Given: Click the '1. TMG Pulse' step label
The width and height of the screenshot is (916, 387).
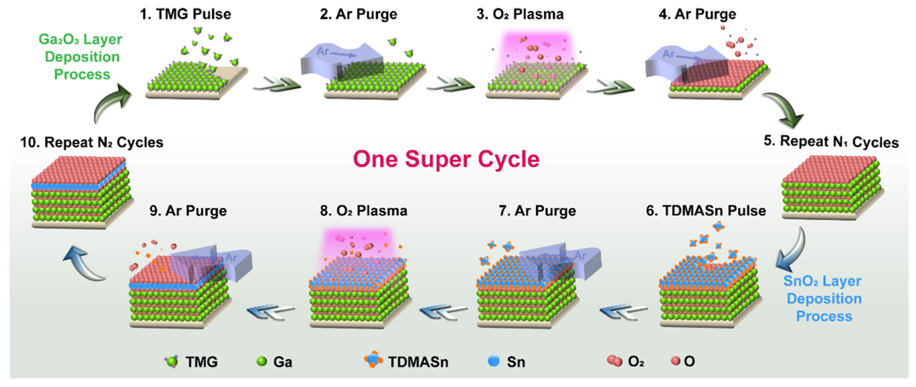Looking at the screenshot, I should click(x=185, y=14).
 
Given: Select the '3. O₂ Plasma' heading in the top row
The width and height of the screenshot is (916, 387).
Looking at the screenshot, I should click(x=520, y=14).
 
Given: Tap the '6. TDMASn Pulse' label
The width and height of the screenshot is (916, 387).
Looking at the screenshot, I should click(x=706, y=211).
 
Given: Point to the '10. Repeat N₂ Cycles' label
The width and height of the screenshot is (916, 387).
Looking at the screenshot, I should click(x=92, y=142).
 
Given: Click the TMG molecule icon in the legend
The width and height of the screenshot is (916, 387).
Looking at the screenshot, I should click(x=172, y=361).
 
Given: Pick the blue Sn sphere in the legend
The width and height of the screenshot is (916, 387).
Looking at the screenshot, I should click(x=494, y=361).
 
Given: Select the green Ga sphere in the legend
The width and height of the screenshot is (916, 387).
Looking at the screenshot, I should click(x=262, y=361).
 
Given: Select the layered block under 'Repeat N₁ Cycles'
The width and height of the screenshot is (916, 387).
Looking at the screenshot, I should click(x=831, y=187).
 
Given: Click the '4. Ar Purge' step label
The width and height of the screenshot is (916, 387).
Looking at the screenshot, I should click(x=697, y=14).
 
